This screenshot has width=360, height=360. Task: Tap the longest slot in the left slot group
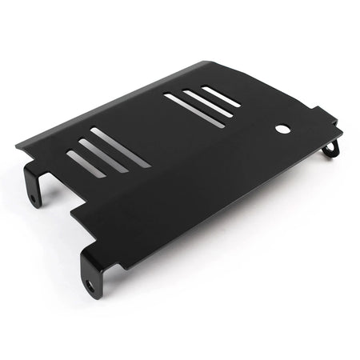coord(120,147)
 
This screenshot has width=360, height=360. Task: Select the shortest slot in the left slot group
coord(82,163)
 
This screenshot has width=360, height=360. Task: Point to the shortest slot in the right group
coord(220,96)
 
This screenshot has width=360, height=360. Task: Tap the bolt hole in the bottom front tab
coord(90,283)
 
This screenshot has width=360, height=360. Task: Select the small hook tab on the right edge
coord(332,148)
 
